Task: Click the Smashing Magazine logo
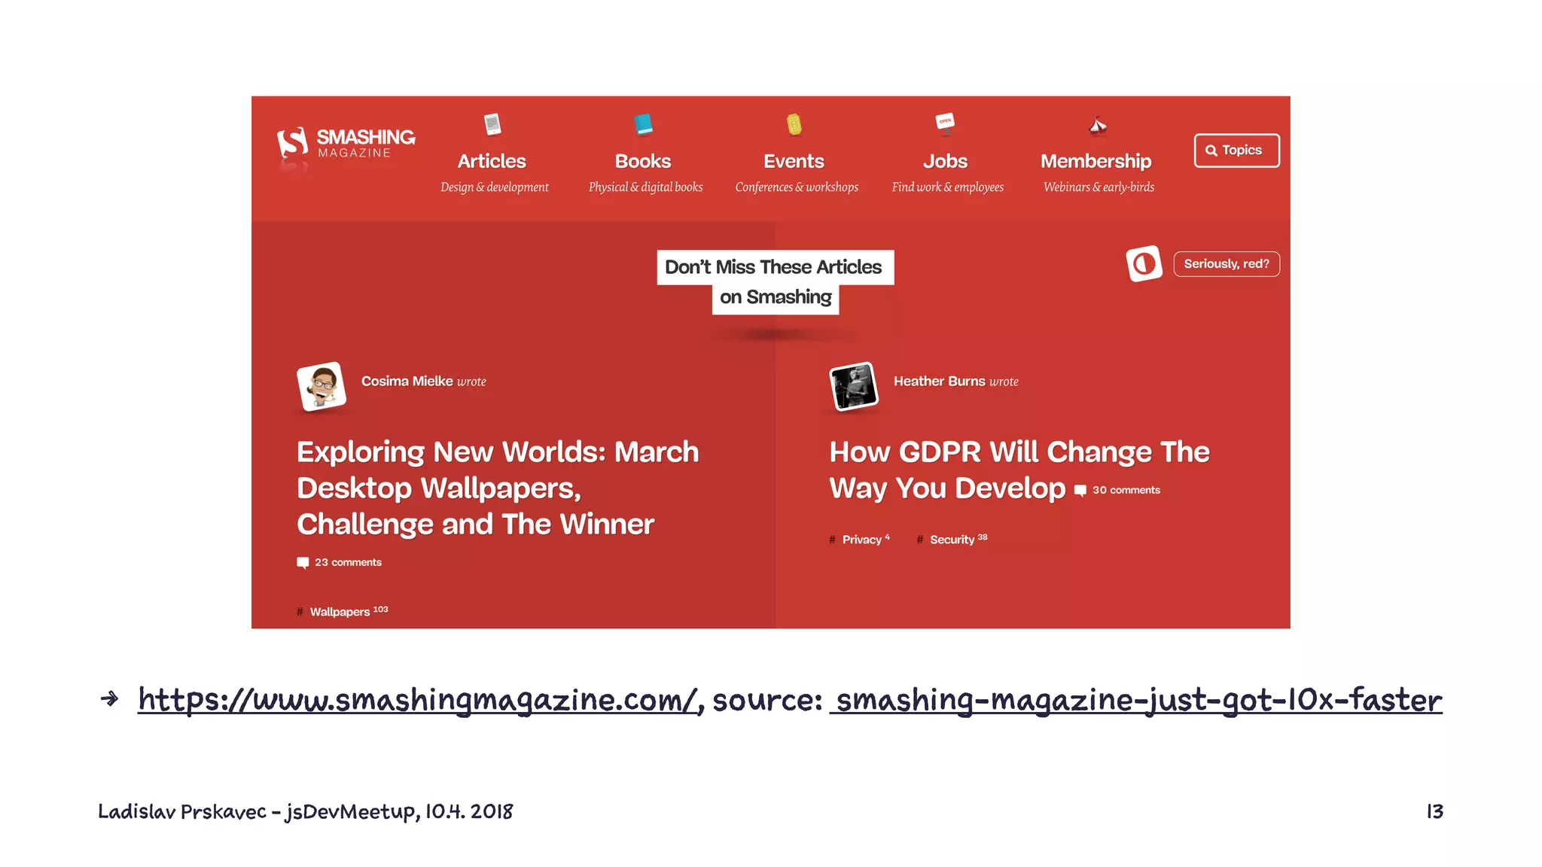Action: [346, 143]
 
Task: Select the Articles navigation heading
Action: [492, 162]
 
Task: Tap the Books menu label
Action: [642, 162]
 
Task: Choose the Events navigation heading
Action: [794, 162]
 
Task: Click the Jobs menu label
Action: [945, 162]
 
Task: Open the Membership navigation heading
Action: [1096, 162]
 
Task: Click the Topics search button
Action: [1236, 151]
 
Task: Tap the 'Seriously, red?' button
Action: [1226, 264]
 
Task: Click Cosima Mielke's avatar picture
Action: [322, 386]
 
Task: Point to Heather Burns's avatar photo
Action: [853, 386]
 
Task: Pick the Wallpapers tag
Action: [340, 612]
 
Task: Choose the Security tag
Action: [952, 540]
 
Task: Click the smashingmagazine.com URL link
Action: [419, 701]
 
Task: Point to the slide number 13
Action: [1434, 811]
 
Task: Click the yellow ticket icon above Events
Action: [794, 123]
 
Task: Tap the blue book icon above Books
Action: [643, 123]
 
